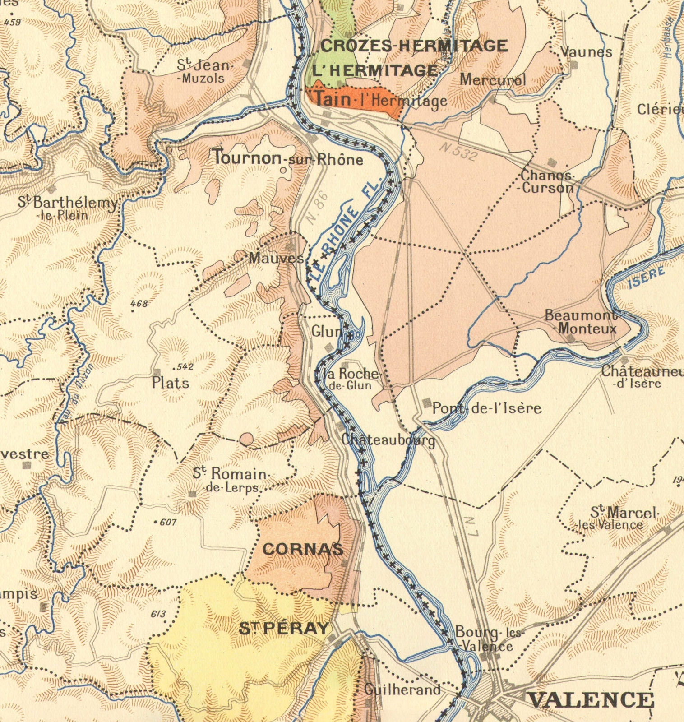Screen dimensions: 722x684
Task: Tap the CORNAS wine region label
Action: pyautogui.click(x=303, y=549)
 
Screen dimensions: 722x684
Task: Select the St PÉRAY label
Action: pyautogui.click(x=284, y=628)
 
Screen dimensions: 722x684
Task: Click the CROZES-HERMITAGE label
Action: pyautogui.click(x=414, y=46)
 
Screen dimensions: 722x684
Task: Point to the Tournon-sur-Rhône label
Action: pyautogui.click(x=288, y=158)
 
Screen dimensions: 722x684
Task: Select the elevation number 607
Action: pyautogui.click(x=166, y=523)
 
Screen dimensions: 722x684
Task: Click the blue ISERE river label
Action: pyautogui.click(x=647, y=277)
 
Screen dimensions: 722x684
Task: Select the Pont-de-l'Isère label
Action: pyautogui.click(x=486, y=408)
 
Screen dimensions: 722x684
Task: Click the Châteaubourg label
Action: pyautogui.click(x=388, y=440)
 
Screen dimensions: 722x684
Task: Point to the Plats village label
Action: pyautogui.click(x=170, y=383)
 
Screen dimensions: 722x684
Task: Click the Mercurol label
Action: pyautogui.click(x=493, y=80)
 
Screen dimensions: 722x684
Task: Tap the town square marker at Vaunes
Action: pyautogui.click(x=574, y=65)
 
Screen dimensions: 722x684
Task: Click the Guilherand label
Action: pyautogui.click(x=402, y=690)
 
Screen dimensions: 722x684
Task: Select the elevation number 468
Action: pyautogui.click(x=139, y=304)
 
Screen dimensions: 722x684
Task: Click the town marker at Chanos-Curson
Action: pyautogui.click(x=551, y=162)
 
